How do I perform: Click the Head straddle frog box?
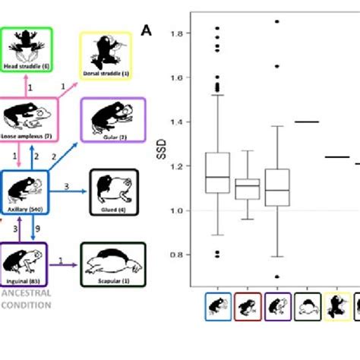tap(26, 49)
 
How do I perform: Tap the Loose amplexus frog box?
tap(26, 120)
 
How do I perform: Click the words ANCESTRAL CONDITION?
tap(26, 300)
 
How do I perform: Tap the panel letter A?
tap(146, 31)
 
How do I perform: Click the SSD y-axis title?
tap(159, 166)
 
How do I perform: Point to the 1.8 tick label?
tap(177, 34)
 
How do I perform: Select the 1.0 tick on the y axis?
tap(177, 210)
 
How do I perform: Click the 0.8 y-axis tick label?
tap(177, 254)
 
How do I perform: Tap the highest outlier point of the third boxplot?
tap(277, 22)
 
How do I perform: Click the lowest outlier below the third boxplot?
tap(277, 276)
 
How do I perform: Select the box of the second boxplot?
tap(247, 188)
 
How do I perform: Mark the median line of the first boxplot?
tap(217, 177)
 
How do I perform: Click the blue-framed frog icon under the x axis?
tap(218, 307)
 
